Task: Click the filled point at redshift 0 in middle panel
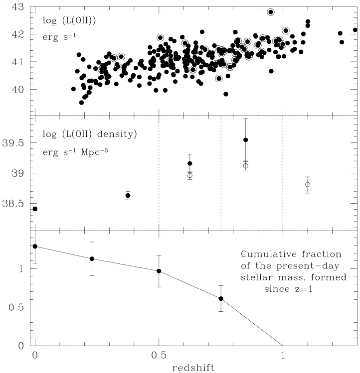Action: click(35, 209)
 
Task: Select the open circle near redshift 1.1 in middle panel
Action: click(308, 185)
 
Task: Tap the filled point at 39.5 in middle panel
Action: click(246, 140)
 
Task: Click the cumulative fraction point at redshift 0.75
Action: click(221, 299)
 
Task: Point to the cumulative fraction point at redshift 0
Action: click(35, 247)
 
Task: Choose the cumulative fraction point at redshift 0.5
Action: click(159, 271)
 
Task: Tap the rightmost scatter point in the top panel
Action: click(355, 30)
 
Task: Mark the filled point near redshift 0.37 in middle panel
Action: click(128, 196)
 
